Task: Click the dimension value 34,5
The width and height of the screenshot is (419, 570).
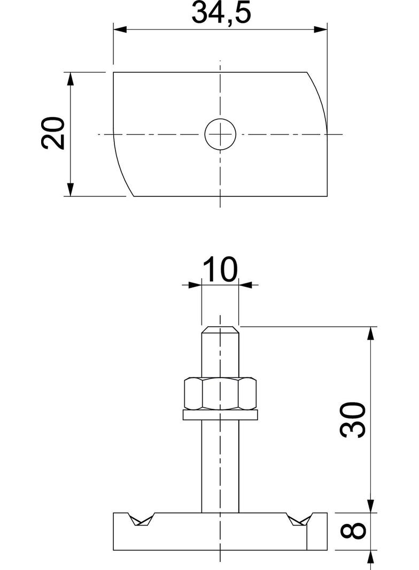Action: (x=221, y=13)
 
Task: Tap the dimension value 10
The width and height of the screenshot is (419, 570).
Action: (x=220, y=270)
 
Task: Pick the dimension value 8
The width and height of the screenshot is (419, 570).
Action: (x=353, y=531)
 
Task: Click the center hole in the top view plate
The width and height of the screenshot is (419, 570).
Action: (x=220, y=134)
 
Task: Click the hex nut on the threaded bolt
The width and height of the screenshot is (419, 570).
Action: (x=220, y=394)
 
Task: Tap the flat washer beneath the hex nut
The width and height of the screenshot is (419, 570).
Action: (x=220, y=414)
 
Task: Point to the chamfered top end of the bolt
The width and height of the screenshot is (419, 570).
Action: (x=220, y=329)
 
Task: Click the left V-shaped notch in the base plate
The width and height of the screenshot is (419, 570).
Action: (x=141, y=519)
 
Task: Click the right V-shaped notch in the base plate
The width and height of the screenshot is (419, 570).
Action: (x=298, y=519)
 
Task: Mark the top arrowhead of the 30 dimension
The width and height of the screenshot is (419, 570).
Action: (x=370, y=333)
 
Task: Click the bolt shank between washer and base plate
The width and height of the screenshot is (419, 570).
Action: (x=220, y=465)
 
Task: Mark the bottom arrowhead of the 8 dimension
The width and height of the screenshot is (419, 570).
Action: (x=370, y=557)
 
